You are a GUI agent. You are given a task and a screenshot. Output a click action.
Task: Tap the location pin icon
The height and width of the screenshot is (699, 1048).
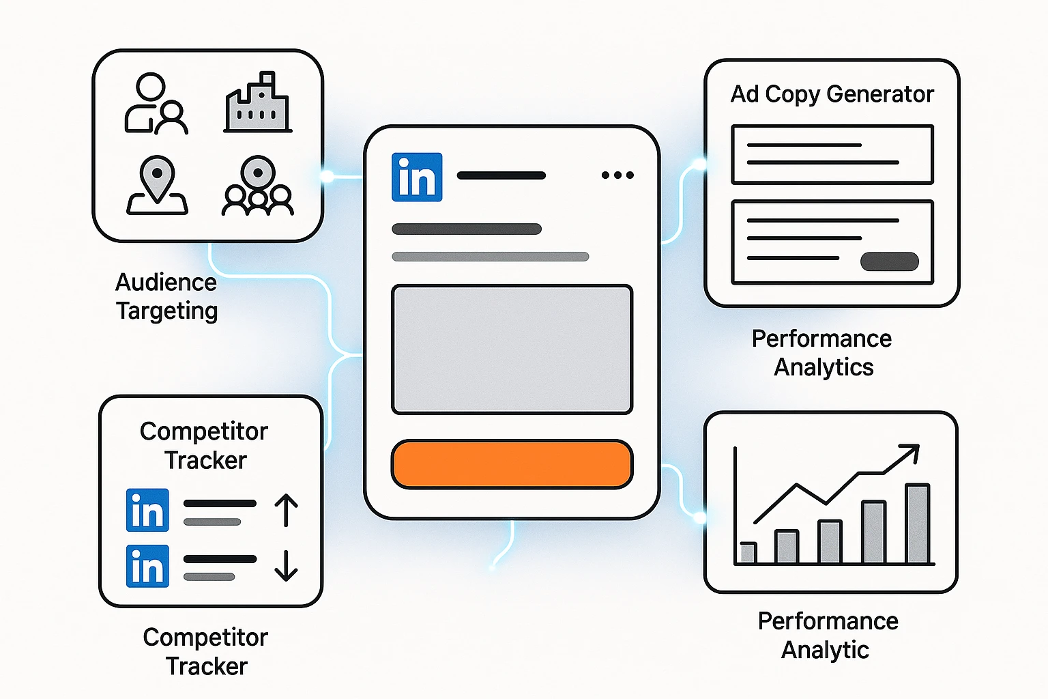(158, 184)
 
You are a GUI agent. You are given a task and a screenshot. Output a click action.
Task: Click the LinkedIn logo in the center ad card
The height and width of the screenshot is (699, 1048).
(417, 177)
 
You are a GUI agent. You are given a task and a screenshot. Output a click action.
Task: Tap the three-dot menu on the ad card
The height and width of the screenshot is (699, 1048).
(617, 175)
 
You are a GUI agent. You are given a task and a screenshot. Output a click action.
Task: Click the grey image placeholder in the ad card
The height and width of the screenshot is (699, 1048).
(512, 349)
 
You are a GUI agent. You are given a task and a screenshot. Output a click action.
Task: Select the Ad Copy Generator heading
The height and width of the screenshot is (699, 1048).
(832, 94)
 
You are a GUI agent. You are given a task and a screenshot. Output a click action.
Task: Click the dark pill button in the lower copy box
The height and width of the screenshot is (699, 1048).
(889, 261)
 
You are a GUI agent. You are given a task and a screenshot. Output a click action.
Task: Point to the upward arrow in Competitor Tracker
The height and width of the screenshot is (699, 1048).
(286, 511)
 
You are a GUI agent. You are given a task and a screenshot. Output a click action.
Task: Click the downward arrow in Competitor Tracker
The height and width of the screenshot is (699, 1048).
(286, 565)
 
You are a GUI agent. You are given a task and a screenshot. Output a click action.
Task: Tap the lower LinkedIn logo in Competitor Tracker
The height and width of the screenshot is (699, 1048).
(147, 566)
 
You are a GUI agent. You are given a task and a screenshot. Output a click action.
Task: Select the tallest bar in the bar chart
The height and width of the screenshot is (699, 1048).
(918, 524)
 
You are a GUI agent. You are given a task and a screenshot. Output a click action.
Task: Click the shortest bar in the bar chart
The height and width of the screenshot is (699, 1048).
(748, 553)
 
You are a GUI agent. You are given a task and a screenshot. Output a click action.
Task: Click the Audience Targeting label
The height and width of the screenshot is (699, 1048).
(166, 296)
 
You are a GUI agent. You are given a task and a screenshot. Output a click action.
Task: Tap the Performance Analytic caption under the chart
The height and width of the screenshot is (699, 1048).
(827, 635)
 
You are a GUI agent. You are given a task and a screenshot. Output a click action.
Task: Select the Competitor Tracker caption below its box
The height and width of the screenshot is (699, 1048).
(205, 651)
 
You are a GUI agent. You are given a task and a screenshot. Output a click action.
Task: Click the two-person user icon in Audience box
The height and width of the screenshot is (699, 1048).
(156, 104)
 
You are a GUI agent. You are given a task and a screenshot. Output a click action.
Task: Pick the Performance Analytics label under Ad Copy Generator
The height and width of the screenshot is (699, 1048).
(822, 353)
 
